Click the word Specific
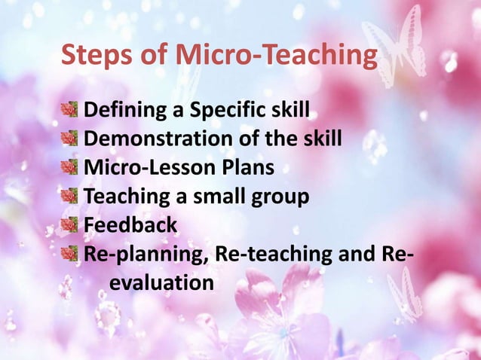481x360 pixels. pyautogui.click(x=225, y=111)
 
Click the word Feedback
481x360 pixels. pyautogui.click(x=130, y=225)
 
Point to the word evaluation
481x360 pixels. pyautogui.click(x=161, y=283)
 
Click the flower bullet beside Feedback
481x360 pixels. pyautogui.click(x=69, y=225)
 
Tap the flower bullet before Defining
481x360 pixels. pyautogui.click(x=69, y=111)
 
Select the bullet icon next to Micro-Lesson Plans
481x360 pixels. pyautogui.click(x=69, y=168)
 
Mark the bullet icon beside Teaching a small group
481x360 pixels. pyautogui.click(x=69, y=197)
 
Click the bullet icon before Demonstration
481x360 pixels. pyautogui.click(x=69, y=139)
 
